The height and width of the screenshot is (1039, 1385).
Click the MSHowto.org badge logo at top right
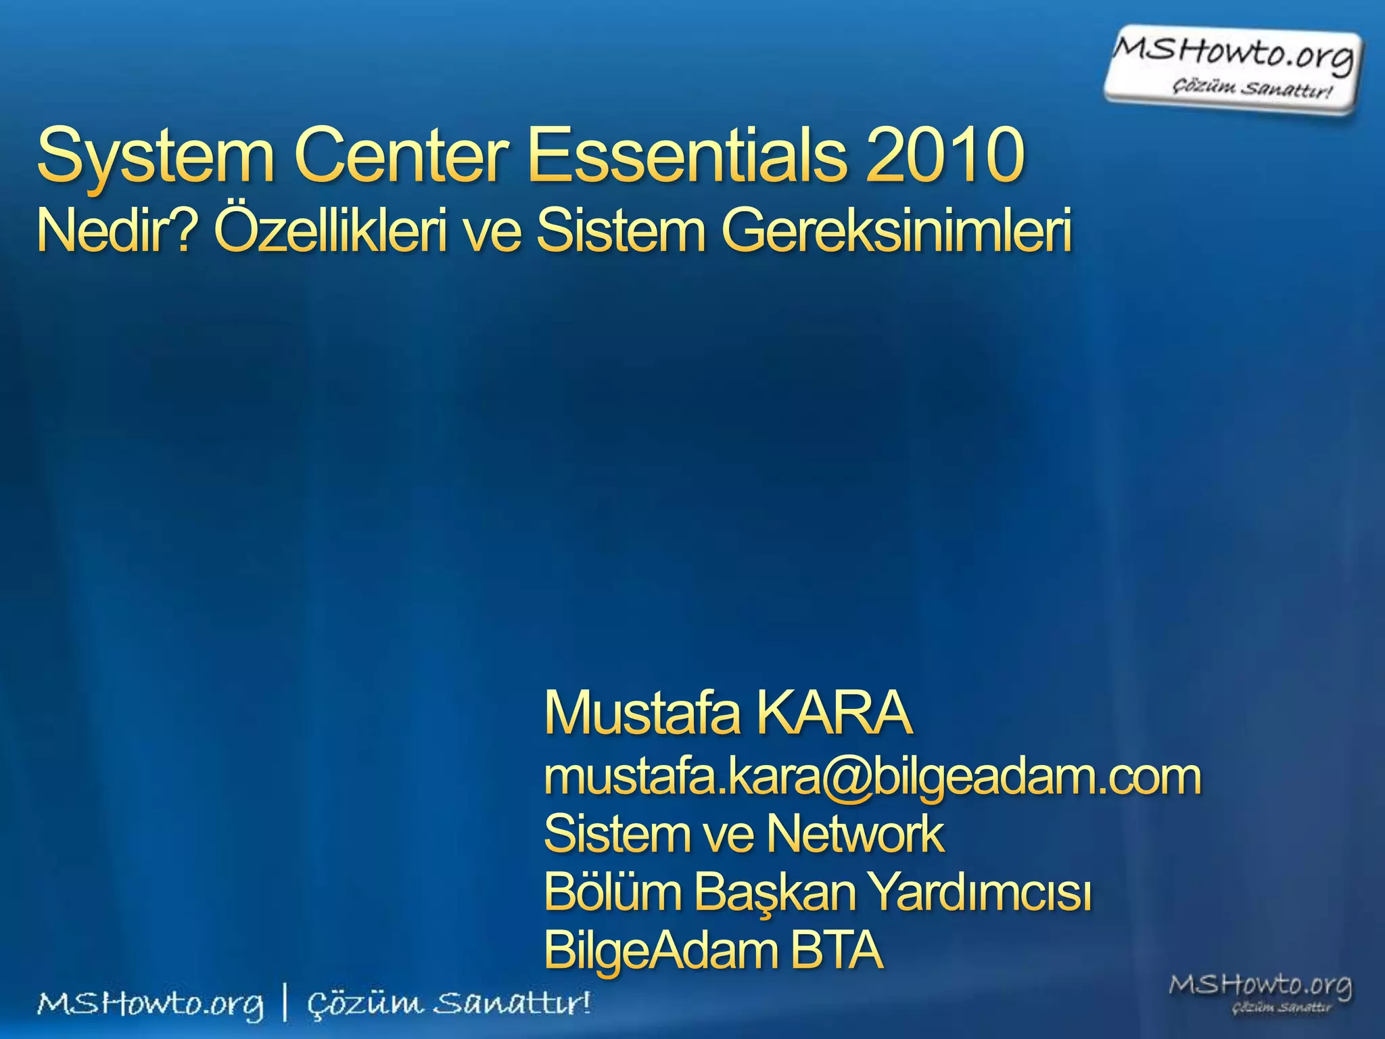[1233, 68]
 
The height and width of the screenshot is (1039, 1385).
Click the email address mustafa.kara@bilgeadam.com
[872, 778]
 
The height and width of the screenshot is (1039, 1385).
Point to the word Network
[855, 834]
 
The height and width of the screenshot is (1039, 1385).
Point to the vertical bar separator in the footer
[285, 1003]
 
